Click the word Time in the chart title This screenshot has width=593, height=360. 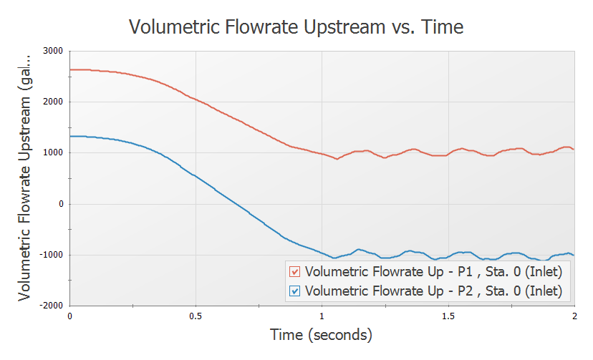tap(440, 27)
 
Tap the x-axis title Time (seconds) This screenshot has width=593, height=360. tap(321, 334)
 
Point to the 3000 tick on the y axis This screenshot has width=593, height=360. tap(52, 51)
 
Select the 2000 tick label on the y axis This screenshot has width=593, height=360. tap(52, 102)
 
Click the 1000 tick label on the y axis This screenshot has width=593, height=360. tap(52, 152)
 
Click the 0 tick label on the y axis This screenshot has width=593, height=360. tap(61, 204)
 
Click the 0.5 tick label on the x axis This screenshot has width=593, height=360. tap(196, 316)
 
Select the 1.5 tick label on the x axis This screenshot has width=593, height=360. tap(448, 316)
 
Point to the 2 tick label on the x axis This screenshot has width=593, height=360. tap(574, 316)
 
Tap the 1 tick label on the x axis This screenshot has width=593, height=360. tap(322, 316)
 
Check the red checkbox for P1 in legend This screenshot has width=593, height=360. tap(294, 272)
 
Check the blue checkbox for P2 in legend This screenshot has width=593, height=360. tap(294, 291)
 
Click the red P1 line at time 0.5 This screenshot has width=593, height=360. tap(196, 99)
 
